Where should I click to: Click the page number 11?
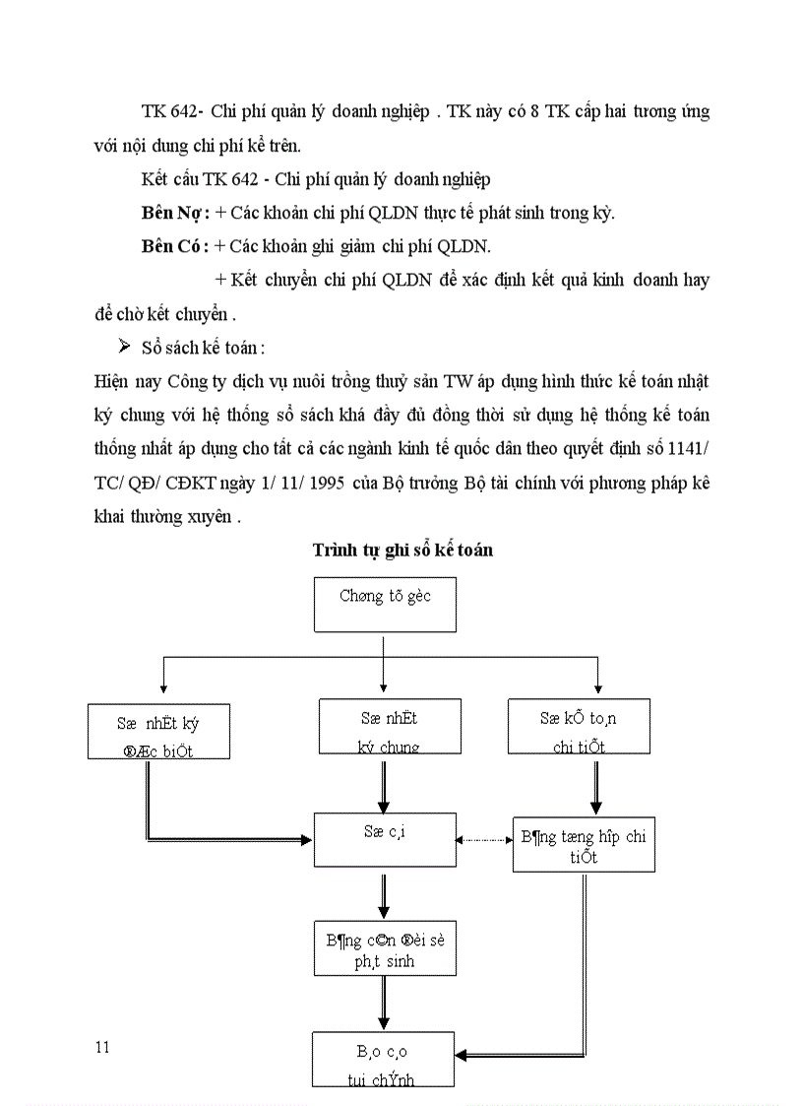click(102, 1046)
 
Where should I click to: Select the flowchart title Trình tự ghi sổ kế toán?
click(402, 551)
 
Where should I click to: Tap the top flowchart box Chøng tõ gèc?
click(385, 604)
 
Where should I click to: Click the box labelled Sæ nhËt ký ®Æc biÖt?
click(158, 730)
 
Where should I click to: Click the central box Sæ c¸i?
click(385, 839)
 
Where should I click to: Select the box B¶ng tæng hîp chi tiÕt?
click(583, 845)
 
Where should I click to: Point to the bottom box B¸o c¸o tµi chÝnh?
click(383, 1059)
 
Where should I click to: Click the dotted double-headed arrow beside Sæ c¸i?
click(484, 840)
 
